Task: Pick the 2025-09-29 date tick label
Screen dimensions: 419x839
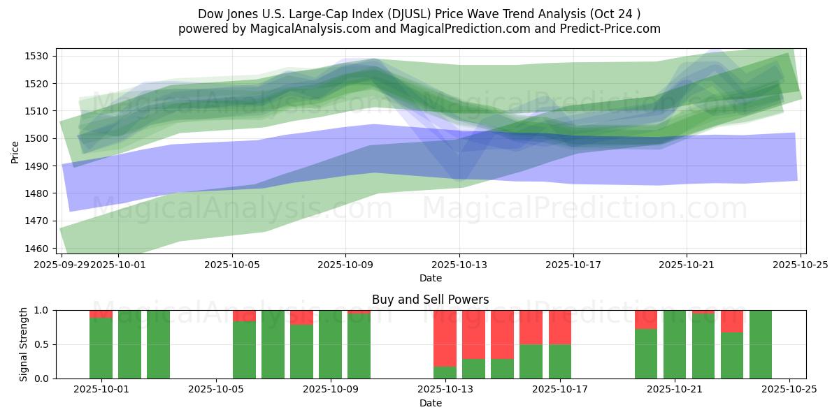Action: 62,264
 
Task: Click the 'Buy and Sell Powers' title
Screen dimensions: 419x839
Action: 430,300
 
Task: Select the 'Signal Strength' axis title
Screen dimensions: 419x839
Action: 24,344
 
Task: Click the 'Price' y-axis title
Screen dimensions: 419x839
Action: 15,152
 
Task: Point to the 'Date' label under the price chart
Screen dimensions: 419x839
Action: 430,278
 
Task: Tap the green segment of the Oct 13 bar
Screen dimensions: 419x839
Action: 445,372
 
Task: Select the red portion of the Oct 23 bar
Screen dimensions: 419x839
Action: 732,321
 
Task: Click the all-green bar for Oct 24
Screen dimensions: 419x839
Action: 761,344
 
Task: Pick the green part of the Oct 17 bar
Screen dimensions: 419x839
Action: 560,361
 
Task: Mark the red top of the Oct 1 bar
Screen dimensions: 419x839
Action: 101,314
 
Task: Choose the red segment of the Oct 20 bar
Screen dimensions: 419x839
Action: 646,319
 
